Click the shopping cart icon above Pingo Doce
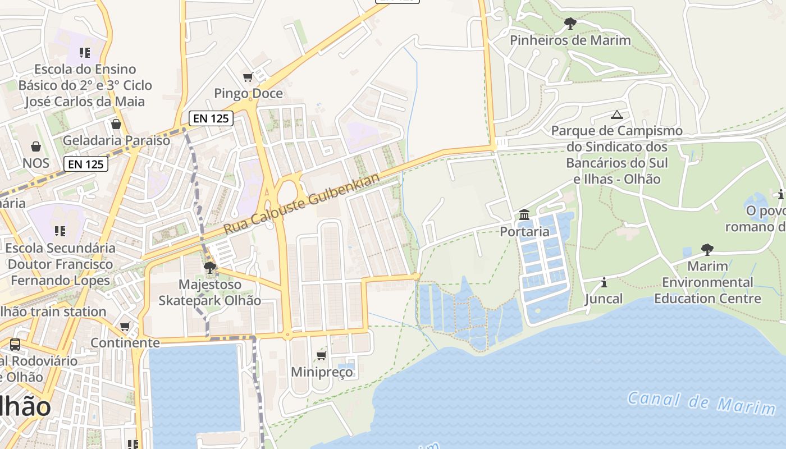pyautogui.click(x=248, y=77)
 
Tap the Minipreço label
pyautogui.click(x=322, y=372)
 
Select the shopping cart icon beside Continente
pyautogui.click(x=125, y=326)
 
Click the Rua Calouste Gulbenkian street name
pyautogui.click(x=302, y=204)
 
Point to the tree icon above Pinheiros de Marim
pyautogui.click(x=570, y=24)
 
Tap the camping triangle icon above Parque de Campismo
pyautogui.click(x=617, y=114)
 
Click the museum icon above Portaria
pyautogui.click(x=524, y=214)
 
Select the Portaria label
pyautogui.click(x=524, y=231)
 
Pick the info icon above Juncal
pyautogui.click(x=604, y=282)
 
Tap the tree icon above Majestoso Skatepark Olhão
pyautogui.click(x=210, y=268)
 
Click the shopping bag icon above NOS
pyautogui.click(x=36, y=146)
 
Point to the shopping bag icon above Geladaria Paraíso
pyautogui.click(x=116, y=123)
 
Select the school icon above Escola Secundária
pyautogui.click(x=60, y=231)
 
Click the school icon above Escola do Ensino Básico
pyautogui.click(x=85, y=53)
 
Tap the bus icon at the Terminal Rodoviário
pyautogui.click(x=15, y=344)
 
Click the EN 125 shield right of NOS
pyautogui.click(x=85, y=163)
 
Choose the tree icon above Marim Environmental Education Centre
pyautogui.click(x=707, y=249)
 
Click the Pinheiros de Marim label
pyautogui.click(x=570, y=40)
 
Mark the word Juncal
pyautogui.click(x=604, y=299)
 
